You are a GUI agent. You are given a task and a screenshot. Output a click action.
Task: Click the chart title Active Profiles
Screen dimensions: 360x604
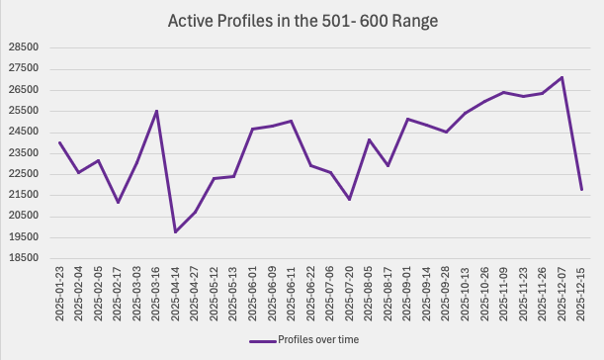[x=302, y=20]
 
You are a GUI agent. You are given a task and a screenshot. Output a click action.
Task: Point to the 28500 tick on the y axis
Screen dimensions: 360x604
[x=23, y=47]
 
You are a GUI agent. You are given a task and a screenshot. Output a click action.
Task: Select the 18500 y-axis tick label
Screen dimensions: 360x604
[x=23, y=258]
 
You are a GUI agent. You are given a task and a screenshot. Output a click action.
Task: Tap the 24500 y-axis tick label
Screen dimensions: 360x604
[x=23, y=132]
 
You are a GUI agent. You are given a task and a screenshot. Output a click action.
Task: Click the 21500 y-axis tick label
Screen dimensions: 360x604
[x=23, y=195]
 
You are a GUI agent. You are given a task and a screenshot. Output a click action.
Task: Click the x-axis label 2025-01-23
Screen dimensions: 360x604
[x=60, y=293]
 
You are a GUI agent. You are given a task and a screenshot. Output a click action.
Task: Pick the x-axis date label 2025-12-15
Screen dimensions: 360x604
[x=581, y=293]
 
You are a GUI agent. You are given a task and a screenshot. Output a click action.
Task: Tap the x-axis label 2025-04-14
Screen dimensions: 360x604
[x=176, y=293]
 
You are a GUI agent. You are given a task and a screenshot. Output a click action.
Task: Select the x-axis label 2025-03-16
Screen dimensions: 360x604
[x=156, y=293]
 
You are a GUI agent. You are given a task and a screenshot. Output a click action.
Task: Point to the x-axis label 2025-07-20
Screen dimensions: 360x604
[x=350, y=293]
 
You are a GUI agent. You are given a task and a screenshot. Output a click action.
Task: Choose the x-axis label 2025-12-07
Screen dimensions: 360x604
[x=562, y=293]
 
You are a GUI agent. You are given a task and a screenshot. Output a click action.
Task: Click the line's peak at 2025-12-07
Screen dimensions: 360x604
[x=562, y=77]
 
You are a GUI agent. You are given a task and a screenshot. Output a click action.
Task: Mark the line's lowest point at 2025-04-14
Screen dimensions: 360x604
[x=176, y=232]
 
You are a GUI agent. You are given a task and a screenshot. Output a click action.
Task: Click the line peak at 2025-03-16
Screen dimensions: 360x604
[x=156, y=111]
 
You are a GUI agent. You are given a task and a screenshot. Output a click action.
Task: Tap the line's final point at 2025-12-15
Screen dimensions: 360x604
[x=581, y=189]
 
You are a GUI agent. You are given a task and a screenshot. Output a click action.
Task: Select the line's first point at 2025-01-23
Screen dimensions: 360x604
[x=60, y=142]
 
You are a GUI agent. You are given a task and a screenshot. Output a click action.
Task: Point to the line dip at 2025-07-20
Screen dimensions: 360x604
[x=350, y=200]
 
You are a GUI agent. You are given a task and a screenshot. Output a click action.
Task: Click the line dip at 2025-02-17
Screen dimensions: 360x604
[x=118, y=203]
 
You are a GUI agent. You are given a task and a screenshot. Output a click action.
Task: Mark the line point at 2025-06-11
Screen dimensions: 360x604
[x=292, y=121]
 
